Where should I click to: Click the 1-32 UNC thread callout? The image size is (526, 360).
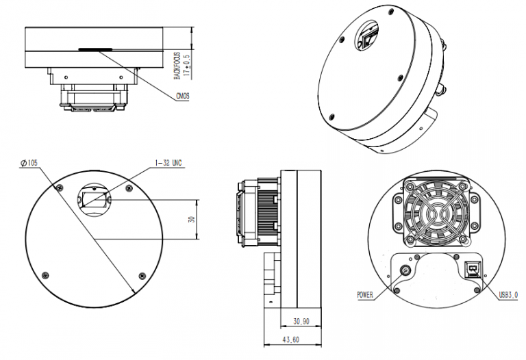tap(168, 163)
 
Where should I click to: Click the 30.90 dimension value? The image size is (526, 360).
tap(301, 321)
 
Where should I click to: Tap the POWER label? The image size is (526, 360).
tap(365, 295)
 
